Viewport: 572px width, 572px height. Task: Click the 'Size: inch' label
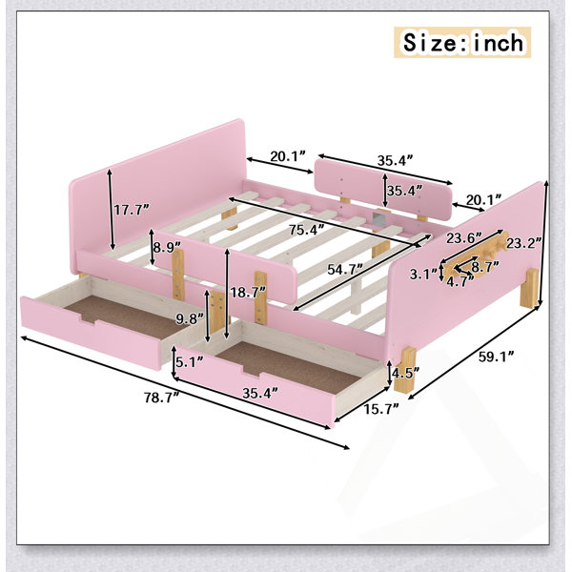[462, 42]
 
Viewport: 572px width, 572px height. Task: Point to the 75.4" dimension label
[306, 230]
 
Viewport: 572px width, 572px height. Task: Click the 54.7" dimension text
[345, 269]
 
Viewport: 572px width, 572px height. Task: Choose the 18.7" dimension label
[248, 293]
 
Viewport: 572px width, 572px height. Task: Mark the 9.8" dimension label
[190, 319]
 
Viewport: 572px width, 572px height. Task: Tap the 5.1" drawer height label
[190, 362]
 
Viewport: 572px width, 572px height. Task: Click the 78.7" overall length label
[162, 398]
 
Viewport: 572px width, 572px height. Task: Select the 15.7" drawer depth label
[380, 409]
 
